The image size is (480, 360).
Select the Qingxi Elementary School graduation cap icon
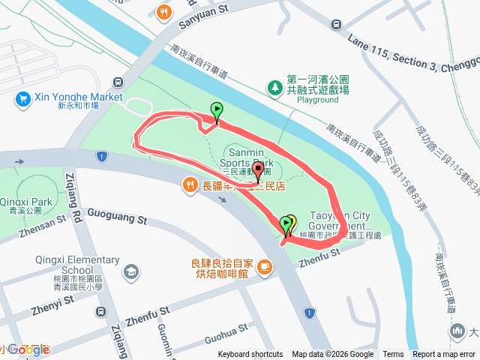(132, 271)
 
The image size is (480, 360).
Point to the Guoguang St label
(117, 218)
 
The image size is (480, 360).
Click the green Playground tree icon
(275, 88)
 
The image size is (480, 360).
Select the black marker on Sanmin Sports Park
(258, 172)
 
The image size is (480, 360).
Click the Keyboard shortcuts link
(250, 355)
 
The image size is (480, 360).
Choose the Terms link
(393, 355)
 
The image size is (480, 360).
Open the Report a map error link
(444, 355)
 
